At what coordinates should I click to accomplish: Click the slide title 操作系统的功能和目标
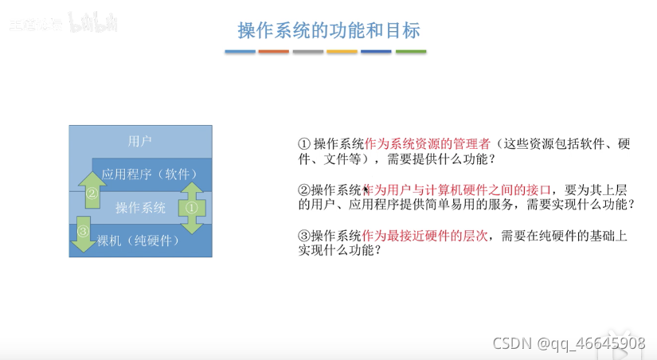pos(328,30)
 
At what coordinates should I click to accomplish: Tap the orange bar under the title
pos(274,52)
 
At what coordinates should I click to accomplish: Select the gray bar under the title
pos(308,52)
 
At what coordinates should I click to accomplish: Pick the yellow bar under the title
pos(342,52)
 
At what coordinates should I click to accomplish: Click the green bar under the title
pos(411,52)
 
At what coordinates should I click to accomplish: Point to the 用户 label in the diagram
pos(140,141)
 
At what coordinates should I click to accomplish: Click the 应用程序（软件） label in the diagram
pos(151,174)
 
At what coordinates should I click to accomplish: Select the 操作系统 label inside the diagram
pos(141,208)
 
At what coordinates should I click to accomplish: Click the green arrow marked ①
pos(191,207)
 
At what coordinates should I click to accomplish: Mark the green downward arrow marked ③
pos(83,236)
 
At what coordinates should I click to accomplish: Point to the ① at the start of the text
pos(303,144)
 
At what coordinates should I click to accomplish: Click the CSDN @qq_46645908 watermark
pos(569,343)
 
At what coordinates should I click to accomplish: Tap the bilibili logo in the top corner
pos(94,23)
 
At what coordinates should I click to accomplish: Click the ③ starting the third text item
pos(303,236)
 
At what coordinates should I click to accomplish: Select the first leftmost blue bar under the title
pos(240,52)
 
